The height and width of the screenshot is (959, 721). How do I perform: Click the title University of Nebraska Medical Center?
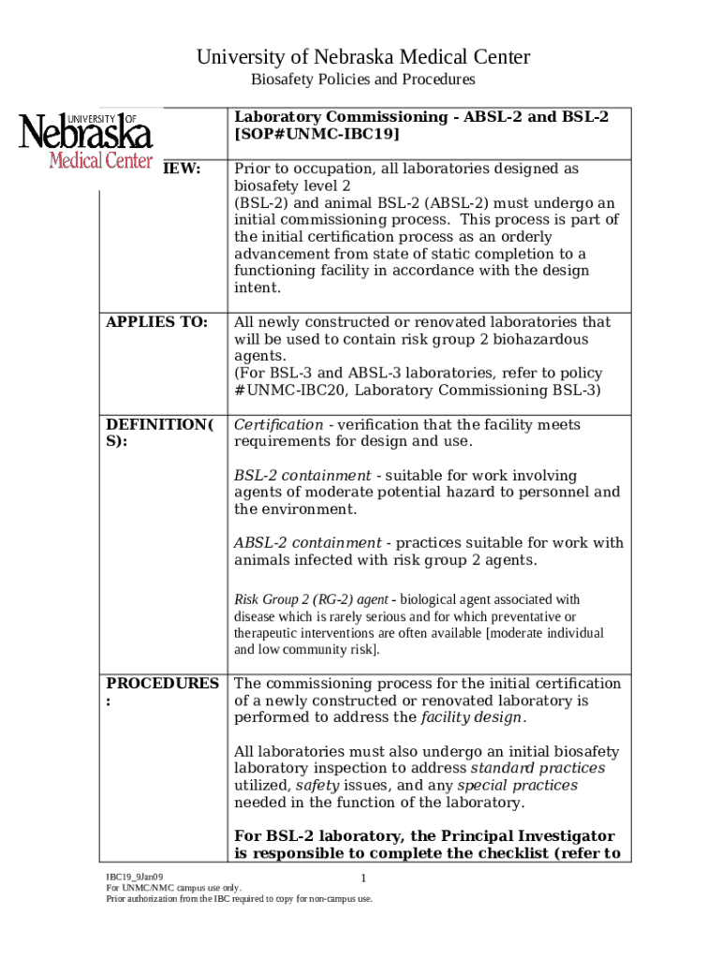pos(362,58)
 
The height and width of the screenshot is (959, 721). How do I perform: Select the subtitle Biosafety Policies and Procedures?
pos(362,80)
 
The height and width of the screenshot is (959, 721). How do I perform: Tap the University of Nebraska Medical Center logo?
pos(86,140)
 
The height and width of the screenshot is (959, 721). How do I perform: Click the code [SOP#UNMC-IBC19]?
pos(316,134)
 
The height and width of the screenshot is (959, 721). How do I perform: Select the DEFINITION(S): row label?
pos(160,433)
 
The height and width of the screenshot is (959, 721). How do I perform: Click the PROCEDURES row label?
pos(162,692)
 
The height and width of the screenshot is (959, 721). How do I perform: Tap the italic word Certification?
pos(278,425)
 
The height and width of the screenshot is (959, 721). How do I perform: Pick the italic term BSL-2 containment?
pos(302,476)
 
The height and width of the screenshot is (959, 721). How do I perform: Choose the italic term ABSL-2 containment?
pos(307,543)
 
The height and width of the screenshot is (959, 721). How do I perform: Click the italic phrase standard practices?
pos(537,768)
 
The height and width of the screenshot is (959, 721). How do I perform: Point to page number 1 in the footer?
pos(362,878)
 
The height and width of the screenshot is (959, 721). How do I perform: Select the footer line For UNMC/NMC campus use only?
pos(173,888)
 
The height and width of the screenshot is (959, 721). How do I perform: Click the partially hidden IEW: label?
pos(183,170)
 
